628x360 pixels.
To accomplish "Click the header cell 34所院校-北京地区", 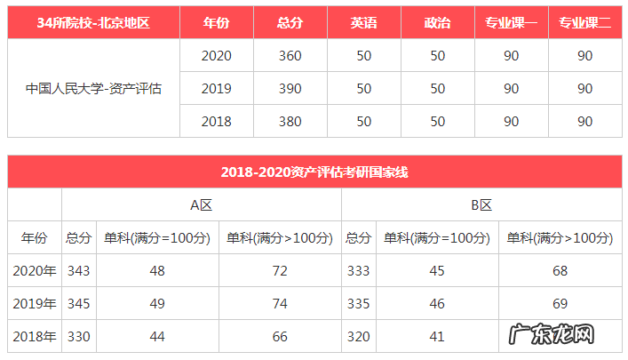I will point(93,23).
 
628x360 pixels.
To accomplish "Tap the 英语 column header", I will point(363,23).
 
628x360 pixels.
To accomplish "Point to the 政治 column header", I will point(437,23).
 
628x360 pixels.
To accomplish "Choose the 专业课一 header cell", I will point(511,23).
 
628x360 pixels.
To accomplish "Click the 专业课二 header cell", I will point(584,23).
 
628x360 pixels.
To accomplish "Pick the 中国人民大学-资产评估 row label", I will point(93,89).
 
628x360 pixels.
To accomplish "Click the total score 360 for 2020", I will point(290,56).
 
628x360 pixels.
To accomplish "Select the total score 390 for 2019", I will point(290,89).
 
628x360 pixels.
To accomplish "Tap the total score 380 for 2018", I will point(290,121).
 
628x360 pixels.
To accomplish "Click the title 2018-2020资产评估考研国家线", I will point(314,172).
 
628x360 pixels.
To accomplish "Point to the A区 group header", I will point(202,204).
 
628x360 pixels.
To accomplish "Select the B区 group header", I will point(481,204).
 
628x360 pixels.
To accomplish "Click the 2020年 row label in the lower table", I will point(35,271).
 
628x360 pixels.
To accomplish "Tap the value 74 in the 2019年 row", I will point(280,304).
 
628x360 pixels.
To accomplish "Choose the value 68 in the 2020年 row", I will point(560,271).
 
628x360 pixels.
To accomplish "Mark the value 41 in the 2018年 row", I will point(436,337).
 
